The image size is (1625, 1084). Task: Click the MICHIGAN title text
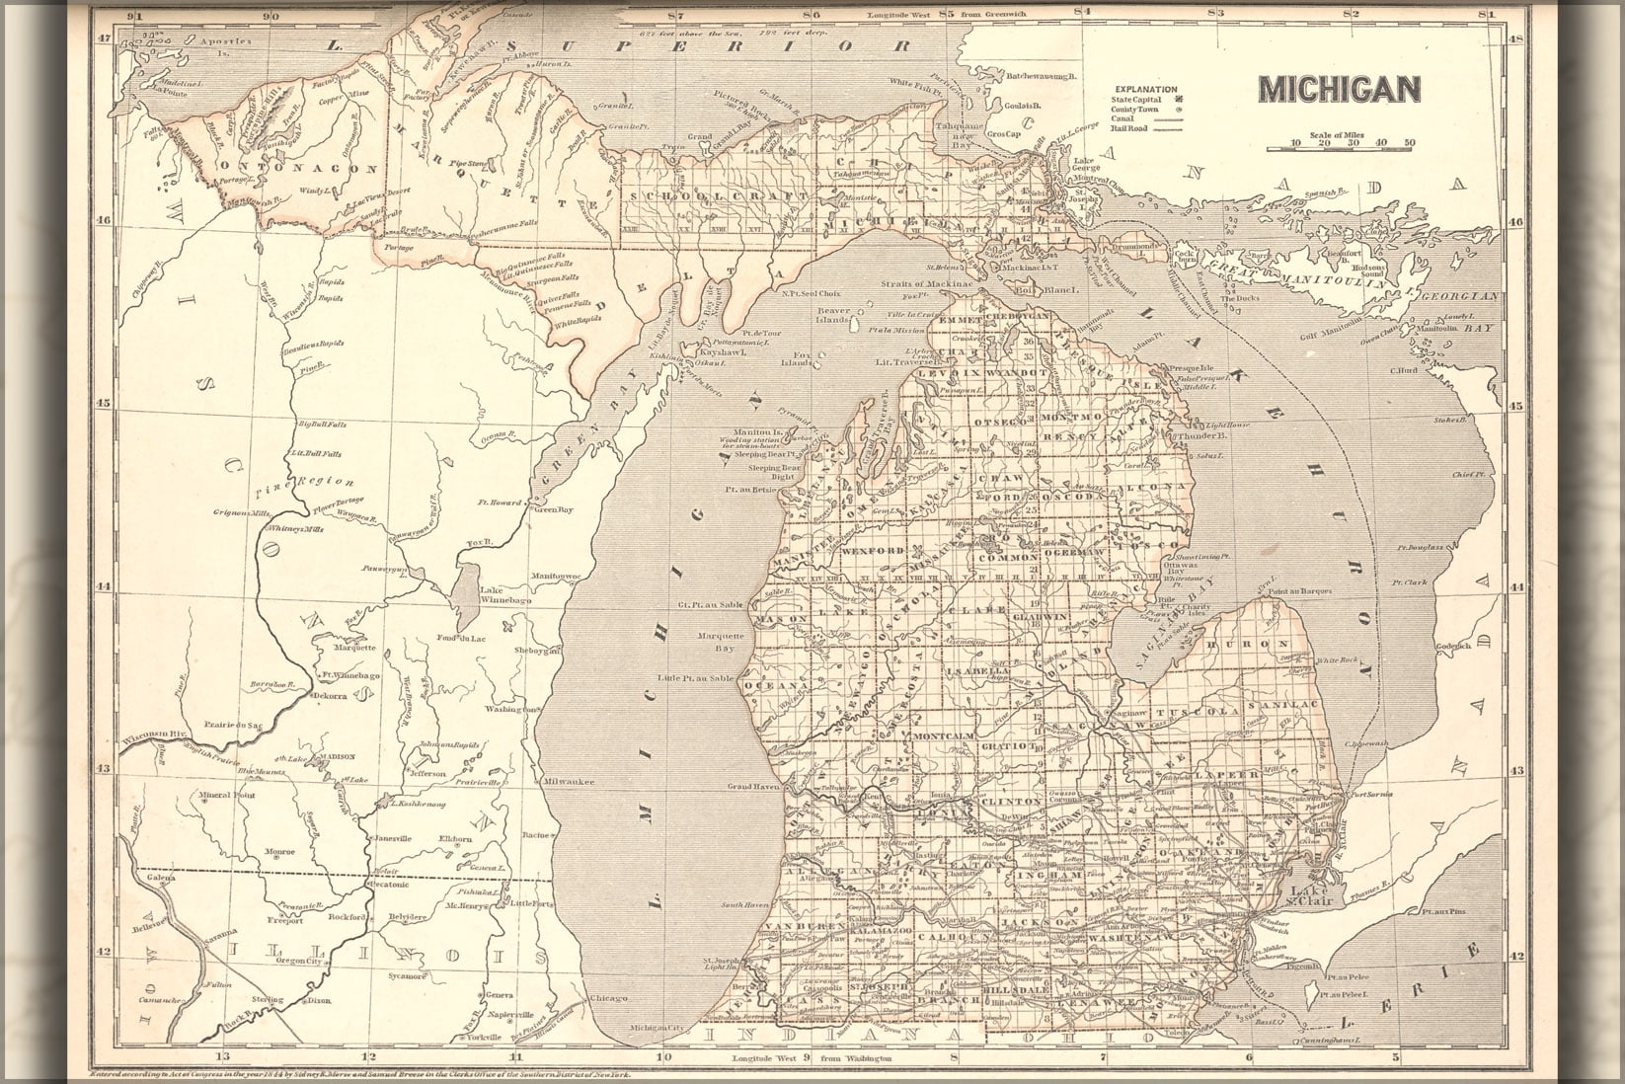point(1339,89)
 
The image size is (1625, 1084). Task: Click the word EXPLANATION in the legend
point(1147,89)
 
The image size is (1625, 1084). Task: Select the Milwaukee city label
point(569,781)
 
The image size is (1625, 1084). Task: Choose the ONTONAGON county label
point(296,168)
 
